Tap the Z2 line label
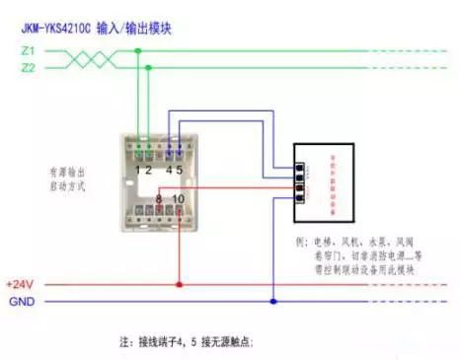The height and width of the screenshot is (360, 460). (x=27, y=68)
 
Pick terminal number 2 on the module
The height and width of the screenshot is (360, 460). (x=150, y=169)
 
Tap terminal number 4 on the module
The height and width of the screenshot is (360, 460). (x=168, y=169)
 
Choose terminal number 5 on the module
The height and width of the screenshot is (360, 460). (x=180, y=169)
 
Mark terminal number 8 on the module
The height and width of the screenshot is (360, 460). (x=157, y=201)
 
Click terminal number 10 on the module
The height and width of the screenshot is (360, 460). (x=178, y=201)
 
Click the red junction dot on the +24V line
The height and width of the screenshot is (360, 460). (x=179, y=285)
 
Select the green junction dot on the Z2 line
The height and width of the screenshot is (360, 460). (x=150, y=68)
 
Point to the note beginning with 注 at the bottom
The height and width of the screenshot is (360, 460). (x=187, y=342)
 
